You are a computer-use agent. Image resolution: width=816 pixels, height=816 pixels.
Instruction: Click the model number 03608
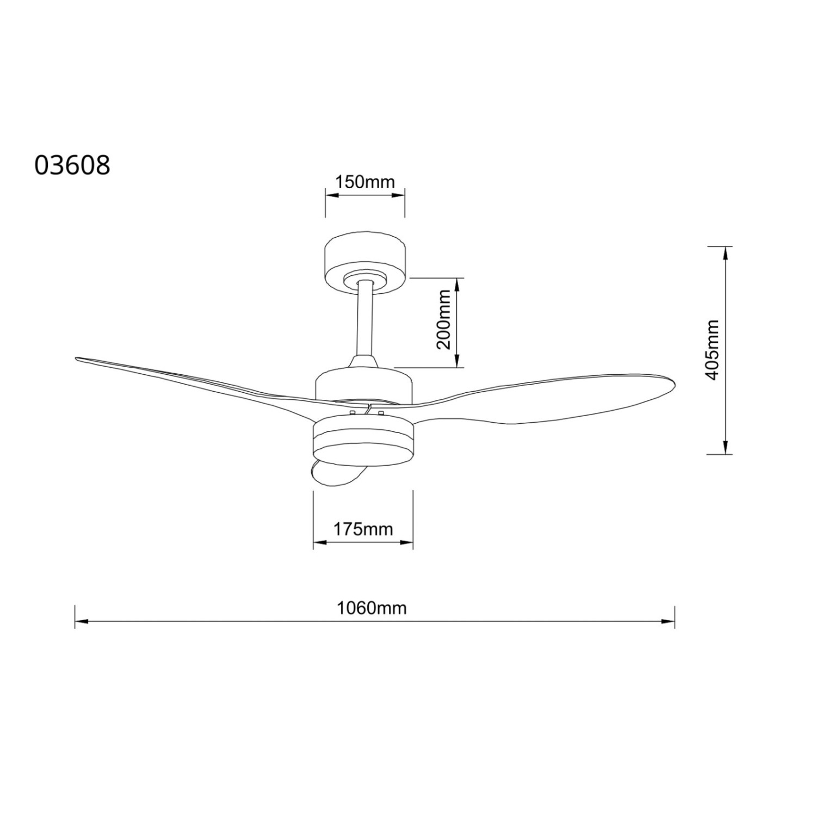tap(72, 165)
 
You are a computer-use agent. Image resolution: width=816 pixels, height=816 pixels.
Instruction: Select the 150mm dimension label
tap(364, 182)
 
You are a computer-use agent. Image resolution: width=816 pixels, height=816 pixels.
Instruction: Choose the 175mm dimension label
tap(363, 529)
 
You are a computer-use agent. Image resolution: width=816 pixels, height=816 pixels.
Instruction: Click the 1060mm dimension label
tap(372, 608)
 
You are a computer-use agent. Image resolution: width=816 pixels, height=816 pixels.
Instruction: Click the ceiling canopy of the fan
tap(365, 263)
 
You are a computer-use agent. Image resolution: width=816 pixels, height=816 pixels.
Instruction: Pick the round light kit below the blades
tap(363, 441)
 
